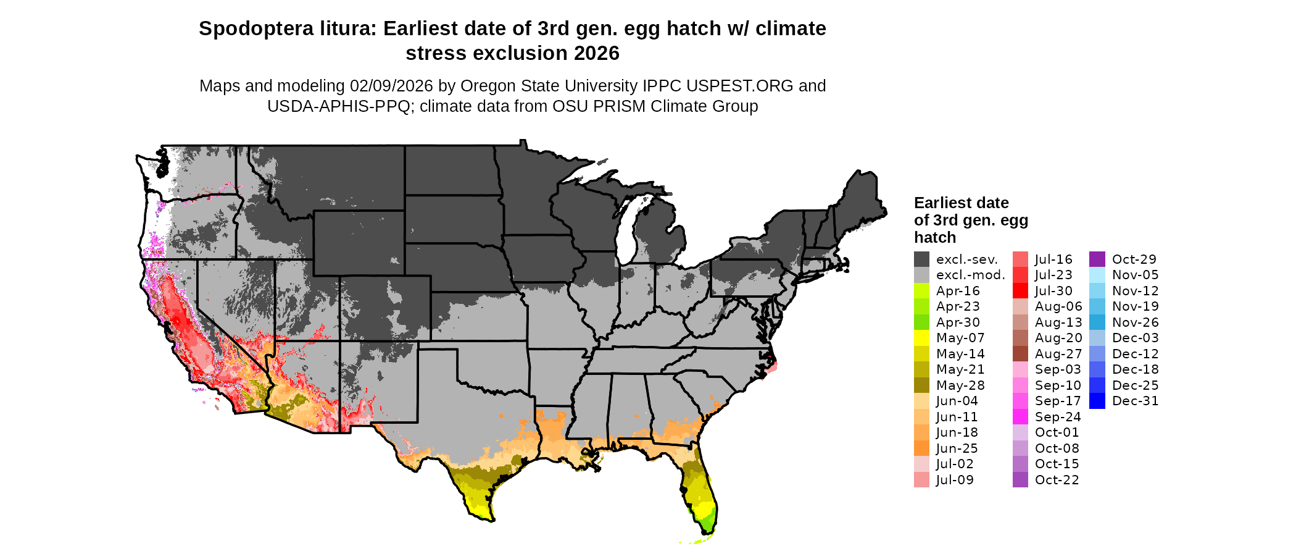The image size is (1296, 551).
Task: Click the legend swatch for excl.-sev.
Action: [921, 259]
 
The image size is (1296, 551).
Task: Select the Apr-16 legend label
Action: [957, 291]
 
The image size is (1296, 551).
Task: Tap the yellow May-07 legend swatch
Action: [921, 338]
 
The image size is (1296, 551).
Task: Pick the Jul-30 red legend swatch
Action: [1020, 291]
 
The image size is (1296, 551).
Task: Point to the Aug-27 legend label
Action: [1058, 354]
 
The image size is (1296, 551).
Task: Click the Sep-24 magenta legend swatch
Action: [1020, 417]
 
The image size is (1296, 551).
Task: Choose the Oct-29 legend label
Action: [1134, 259]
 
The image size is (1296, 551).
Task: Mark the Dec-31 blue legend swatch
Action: [1097, 401]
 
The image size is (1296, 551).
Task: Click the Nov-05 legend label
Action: [1135, 275]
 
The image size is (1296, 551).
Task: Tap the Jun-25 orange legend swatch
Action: [921, 448]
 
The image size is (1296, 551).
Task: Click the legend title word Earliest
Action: [942, 203]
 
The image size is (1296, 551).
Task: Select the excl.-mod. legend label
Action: [970, 275]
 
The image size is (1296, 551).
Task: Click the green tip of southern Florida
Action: [708, 524]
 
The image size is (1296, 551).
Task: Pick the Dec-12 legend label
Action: [1135, 354]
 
